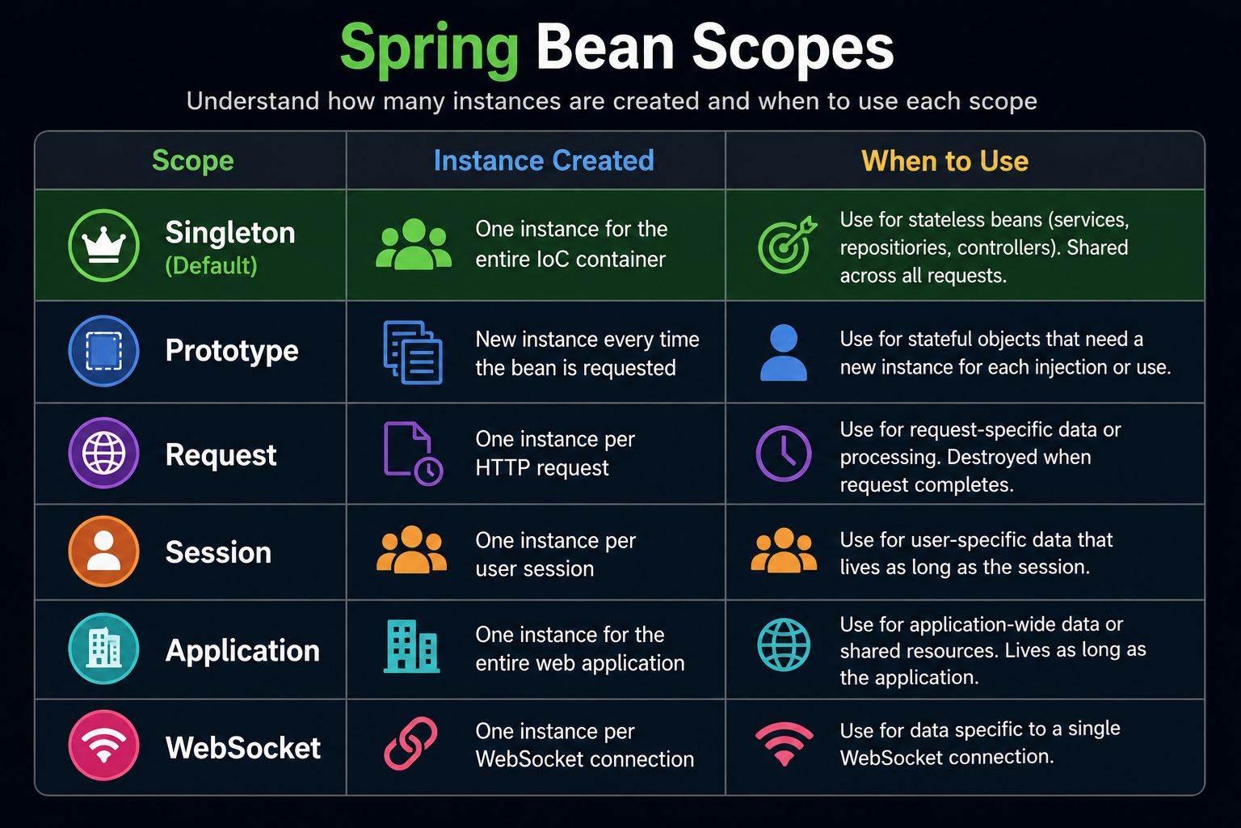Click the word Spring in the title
pos(429,51)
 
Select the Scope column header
pos(193,161)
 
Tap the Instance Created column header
pos(544,160)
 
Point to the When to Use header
pos(945,161)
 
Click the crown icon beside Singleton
pos(103,245)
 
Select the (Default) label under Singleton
pos(211,266)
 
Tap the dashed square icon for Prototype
pos(103,350)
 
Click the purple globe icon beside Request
pos(103,453)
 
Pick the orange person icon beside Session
pos(103,551)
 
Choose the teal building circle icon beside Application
pos(103,648)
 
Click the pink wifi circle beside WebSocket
pos(103,745)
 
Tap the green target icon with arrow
pos(786,244)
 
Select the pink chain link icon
pos(410,743)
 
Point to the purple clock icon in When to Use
pos(784,453)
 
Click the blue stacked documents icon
pos(413,353)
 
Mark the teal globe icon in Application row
pos(784,645)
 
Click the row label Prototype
pos(232,351)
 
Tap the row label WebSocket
pos(242,747)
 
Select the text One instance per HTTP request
pos(555,453)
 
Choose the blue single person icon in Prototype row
pos(784,353)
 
